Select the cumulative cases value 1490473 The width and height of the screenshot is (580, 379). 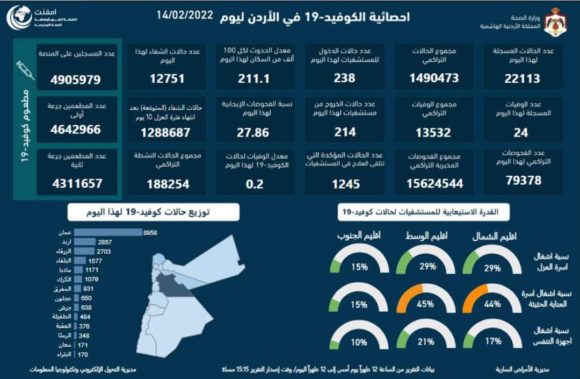pos(434,78)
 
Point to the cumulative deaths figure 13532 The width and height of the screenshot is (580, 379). pos(434,132)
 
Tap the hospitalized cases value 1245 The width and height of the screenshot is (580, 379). pos(345,184)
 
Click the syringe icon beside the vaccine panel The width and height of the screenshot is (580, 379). pos(25,70)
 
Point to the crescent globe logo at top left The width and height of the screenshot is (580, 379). pos(19,18)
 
